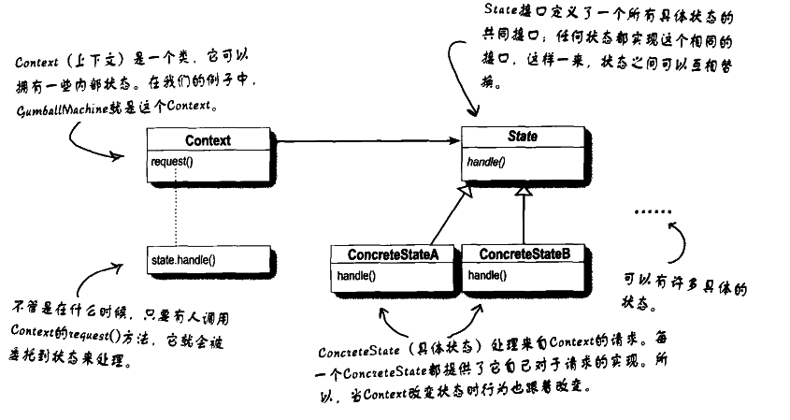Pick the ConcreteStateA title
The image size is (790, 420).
pyautogui.click(x=394, y=254)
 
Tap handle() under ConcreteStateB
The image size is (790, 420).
pyautogui.click(x=487, y=276)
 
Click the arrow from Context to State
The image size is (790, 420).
pyautogui.click(x=365, y=141)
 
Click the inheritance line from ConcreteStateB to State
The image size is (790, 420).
pyautogui.click(x=524, y=220)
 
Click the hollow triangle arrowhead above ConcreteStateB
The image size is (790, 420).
pyautogui.click(x=524, y=191)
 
